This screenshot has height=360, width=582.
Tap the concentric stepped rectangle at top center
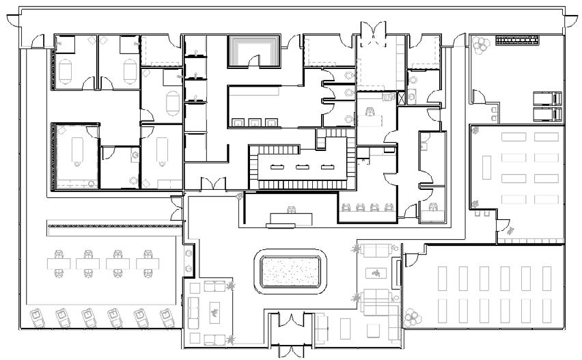(x=254, y=51)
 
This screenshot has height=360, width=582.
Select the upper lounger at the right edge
(x=546, y=98)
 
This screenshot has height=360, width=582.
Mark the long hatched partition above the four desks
(x=109, y=226)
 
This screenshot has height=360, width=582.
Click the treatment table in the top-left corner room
(x=66, y=70)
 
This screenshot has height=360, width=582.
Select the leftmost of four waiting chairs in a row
(x=344, y=207)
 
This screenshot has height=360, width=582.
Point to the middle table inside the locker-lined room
(x=301, y=167)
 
